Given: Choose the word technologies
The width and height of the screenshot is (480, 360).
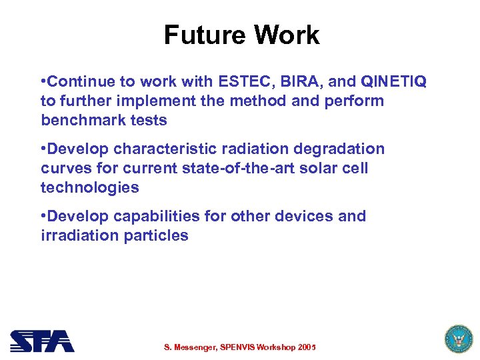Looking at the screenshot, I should point(90,187).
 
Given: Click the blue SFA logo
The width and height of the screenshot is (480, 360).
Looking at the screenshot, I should point(42,341).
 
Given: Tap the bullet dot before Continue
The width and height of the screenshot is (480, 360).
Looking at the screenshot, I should point(43,81).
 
